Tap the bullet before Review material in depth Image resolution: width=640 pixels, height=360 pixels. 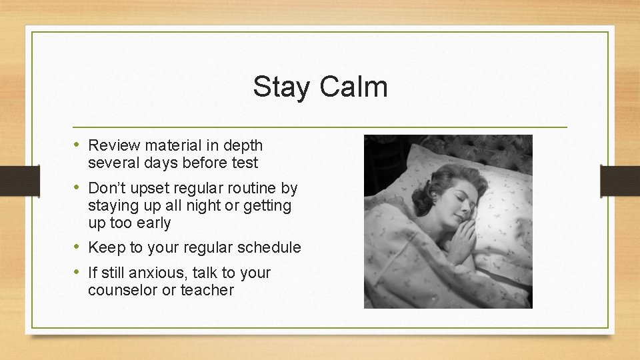coord(77,145)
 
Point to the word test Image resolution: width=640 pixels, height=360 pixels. coord(243,163)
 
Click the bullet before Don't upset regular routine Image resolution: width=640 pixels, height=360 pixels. coord(77,188)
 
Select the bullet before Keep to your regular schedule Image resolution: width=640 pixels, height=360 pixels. coord(77,247)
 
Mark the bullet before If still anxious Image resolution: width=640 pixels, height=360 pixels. coord(77,273)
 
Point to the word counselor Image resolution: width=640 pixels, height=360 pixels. coord(123,291)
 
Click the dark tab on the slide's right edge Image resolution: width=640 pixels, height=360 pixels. coord(620,180)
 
